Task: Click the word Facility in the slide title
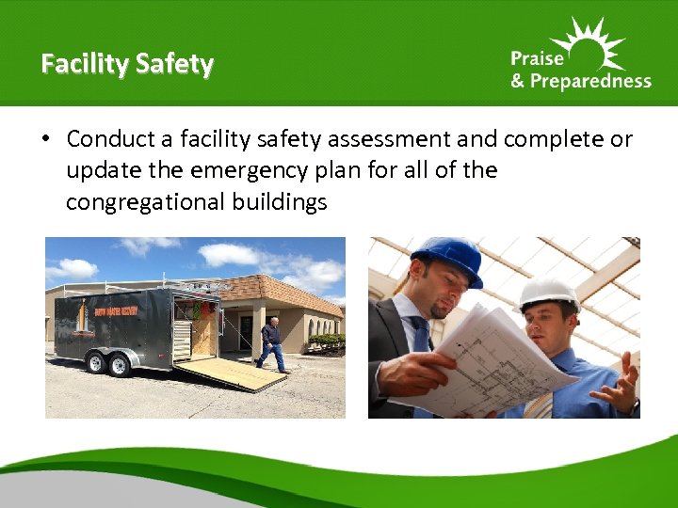click(84, 64)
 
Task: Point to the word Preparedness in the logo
click(590, 81)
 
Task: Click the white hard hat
click(548, 293)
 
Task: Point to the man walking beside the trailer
click(271, 343)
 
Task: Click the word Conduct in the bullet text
click(110, 140)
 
